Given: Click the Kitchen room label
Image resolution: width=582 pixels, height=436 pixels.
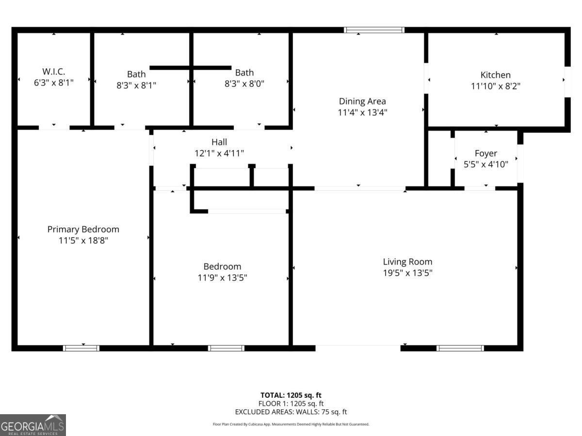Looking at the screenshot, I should point(495,75).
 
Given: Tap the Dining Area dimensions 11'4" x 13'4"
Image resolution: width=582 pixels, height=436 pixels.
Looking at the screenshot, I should point(362,112).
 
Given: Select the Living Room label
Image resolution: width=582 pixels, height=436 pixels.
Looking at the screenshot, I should point(407,262).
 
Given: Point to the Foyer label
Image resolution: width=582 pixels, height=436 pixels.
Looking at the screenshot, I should point(486,154).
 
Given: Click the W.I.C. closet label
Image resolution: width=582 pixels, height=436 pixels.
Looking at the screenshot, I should point(53,72).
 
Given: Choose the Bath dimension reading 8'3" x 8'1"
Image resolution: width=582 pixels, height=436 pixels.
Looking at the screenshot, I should point(136,85).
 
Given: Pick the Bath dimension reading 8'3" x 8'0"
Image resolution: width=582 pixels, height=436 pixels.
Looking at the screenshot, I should point(244,84).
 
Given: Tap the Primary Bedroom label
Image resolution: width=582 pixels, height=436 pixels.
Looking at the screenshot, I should point(83,229).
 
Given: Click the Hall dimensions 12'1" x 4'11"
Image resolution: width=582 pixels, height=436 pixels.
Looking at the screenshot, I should point(219,153).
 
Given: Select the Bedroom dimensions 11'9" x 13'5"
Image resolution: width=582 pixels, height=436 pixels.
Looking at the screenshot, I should point(222,278).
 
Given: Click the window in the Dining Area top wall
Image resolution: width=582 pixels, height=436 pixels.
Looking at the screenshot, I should point(374,30).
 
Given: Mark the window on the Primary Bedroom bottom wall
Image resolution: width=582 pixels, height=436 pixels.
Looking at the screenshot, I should point(81,348).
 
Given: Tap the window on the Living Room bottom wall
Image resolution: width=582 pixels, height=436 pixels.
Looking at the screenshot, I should point(460,348).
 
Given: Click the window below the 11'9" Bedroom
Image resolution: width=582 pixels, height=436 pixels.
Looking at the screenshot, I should point(226,348).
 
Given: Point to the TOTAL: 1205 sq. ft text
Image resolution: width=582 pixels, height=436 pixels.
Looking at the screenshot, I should point(291,395).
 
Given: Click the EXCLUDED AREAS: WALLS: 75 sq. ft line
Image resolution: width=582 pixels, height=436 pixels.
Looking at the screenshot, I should point(291,412).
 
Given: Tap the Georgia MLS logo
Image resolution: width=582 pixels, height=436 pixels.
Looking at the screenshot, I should point(32,425).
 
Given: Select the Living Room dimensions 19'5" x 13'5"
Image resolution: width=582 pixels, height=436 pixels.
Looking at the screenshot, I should point(407,273).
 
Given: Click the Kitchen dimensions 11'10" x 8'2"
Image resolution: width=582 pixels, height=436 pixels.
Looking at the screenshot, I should point(495,86).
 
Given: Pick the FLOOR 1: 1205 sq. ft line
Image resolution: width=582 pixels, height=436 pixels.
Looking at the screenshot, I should point(291,404).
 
